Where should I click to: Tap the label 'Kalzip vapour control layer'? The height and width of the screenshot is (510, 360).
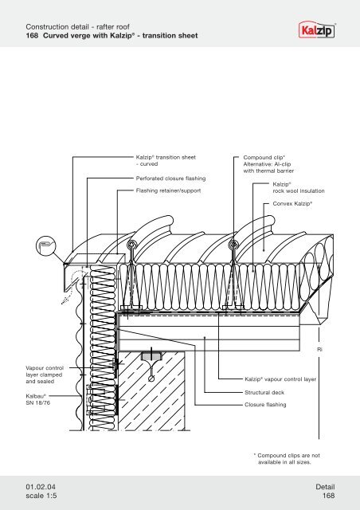280,380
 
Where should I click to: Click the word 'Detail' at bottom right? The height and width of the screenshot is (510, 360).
330,484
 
